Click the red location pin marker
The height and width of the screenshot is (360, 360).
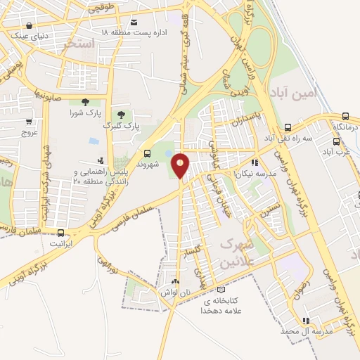coord(181,165)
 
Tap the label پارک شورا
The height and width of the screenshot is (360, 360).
coord(85,112)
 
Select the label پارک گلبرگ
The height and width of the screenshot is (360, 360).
coord(122,125)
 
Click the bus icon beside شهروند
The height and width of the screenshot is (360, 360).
coord(147,153)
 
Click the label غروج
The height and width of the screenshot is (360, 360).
coord(28,132)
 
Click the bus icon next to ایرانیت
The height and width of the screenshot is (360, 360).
coord(61,233)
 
